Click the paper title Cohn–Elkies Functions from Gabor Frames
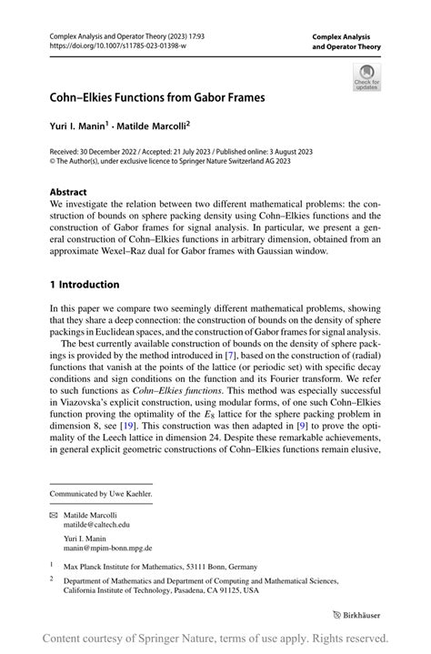(157, 96)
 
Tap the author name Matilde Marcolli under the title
(155, 126)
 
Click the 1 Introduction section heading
(85, 284)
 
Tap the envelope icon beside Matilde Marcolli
(54, 515)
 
